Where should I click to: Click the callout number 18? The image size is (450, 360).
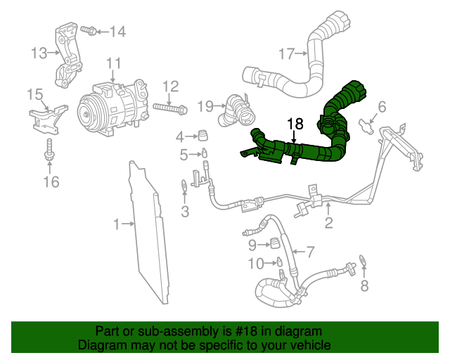pyautogui.click(x=295, y=124)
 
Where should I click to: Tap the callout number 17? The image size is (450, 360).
pyautogui.click(x=285, y=53)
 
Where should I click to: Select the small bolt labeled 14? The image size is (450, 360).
pyautogui.click(x=88, y=30)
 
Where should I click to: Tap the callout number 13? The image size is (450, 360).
pyautogui.click(x=39, y=52)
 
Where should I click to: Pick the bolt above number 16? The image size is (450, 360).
pyautogui.click(x=49, y=150)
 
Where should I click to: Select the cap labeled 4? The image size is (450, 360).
pyautogui.click(x=202, y=135)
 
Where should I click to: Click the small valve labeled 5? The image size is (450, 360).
pyautogui.click(x=203, y=153)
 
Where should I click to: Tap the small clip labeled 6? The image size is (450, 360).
pyautogui.click(x=367, y=127)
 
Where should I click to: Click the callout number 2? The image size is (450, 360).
pyautogui.click(x=328, y=224)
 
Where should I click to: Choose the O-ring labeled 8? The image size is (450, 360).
pyautogui.click(x=363, y=262)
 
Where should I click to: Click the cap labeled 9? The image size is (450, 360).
pyautogui.click(x=276, y=243)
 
